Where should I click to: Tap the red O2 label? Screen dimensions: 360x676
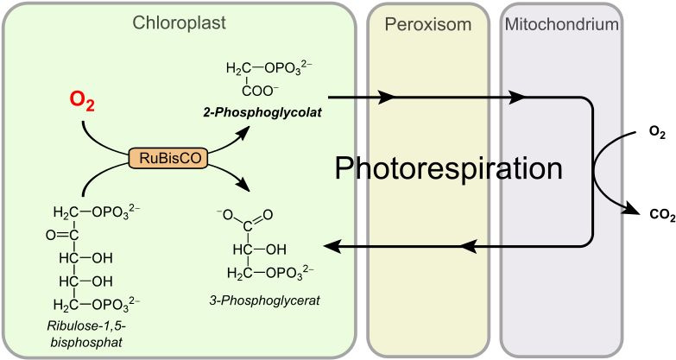pyautogui.click(x=82, y=101)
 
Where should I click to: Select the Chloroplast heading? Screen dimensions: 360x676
pyautogui.click(x=179, y=23)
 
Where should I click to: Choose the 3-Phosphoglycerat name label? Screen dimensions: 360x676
pyautogui.click(x=264, y=300)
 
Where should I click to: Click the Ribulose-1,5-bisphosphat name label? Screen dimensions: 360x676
pyautogui.click(x=85, y=334)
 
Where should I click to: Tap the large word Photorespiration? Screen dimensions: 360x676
pyautogui.click(x=448, y=167)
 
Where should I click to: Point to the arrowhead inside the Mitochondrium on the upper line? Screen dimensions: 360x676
pyautogui.click(x=517, y=97)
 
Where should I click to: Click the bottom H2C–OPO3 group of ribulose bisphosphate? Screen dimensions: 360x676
pyautogui.click(x=95, y=303)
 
